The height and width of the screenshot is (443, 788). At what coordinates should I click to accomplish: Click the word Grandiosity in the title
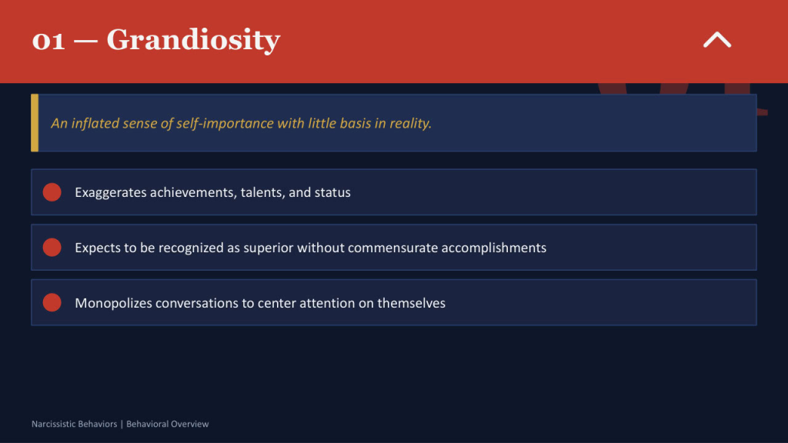193,39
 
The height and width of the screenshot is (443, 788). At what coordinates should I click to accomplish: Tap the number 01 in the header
48,40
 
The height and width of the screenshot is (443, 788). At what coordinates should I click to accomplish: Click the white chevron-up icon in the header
716,40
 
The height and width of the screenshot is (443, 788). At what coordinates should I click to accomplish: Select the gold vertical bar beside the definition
35,123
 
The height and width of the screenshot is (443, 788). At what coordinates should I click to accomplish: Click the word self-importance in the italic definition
228,123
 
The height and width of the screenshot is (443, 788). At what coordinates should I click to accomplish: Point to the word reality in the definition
408,123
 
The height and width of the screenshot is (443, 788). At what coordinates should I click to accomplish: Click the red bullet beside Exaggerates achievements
52,192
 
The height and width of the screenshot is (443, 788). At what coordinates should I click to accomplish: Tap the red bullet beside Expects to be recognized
52,248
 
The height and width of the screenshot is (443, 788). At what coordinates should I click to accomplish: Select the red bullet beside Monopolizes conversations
52,303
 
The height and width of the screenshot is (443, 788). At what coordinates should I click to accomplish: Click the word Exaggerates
110,192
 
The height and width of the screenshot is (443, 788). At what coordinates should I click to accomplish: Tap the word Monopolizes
113,303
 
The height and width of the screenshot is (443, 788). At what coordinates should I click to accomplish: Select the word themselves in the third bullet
411,303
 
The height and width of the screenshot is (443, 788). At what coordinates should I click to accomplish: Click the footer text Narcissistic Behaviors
74,424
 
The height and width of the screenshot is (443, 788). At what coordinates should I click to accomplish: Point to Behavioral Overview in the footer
167,424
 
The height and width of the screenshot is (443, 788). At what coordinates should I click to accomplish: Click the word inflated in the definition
95,123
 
